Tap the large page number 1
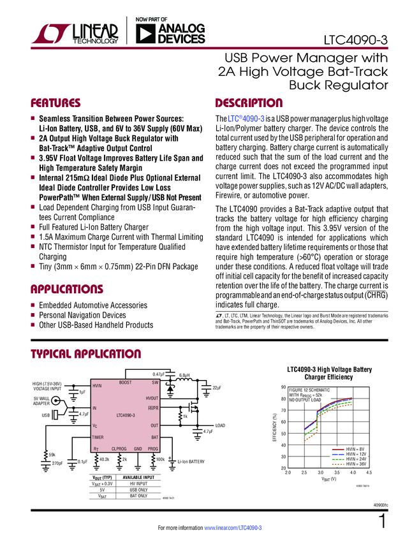pyautogui.click(x=382, y=522)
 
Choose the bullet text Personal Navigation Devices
pyautogui.click(x=82, y=315)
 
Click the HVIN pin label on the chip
pyautogui.click(x=98, y=386)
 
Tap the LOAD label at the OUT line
pyautogui.click(x=220, y=425)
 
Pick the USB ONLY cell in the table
pyautogui.click(x=138, y=490)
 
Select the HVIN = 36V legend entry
pyautogui.click(x=356, y=464)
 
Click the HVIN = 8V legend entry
pyautogui.click(x=355, y=450)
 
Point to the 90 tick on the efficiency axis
pyautogui.click(x=283, y=388)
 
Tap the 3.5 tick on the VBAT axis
pyautogui.click(x=337, y=473)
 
